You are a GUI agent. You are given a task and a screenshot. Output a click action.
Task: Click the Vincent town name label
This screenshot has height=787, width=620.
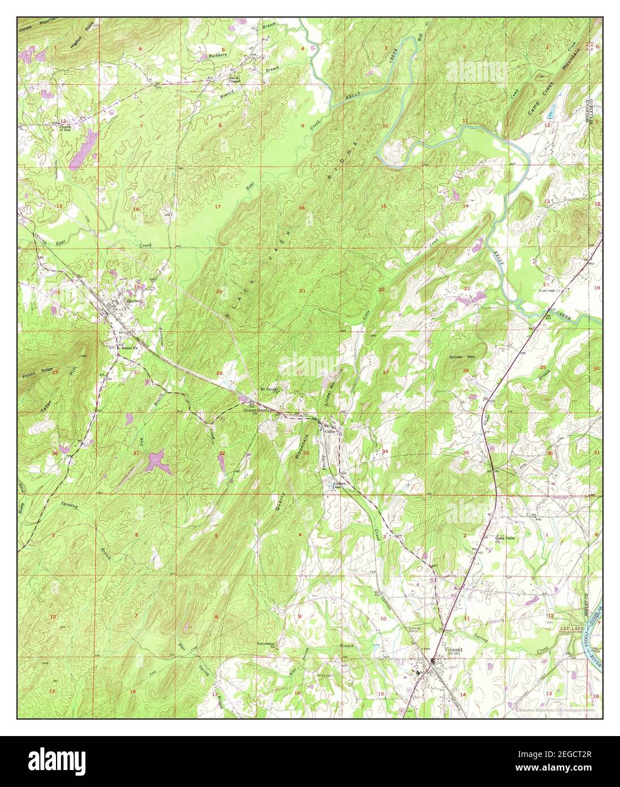coord(454,649)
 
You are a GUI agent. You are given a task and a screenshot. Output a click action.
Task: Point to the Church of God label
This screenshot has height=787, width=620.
coord(68,129)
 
